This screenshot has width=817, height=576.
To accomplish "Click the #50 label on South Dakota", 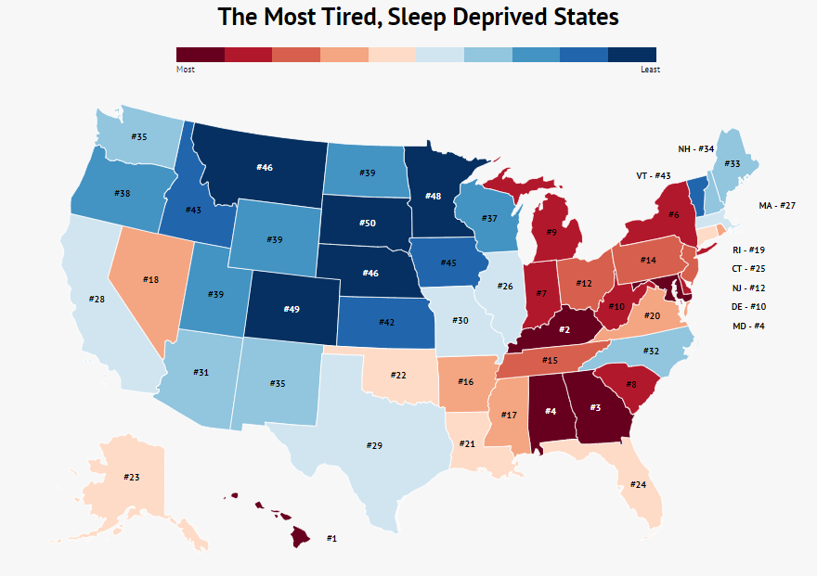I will [x=369, y=224].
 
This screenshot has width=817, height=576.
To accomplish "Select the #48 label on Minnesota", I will [x=433, y=196].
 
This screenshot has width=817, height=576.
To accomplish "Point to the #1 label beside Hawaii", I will [x=331, y=538].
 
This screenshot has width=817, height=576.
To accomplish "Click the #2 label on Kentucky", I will [x=563, y=330].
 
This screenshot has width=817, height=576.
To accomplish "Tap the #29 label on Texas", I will [x=374, y=446].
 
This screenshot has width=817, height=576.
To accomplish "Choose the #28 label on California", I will [x=97, y=300].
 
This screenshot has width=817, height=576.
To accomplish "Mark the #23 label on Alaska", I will [x=132, y=477].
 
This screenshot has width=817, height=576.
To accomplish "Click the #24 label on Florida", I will [x=638, y=484].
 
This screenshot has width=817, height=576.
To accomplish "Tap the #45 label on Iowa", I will [x=448, y=262].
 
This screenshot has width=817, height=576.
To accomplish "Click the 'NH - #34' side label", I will [x=695, y=148].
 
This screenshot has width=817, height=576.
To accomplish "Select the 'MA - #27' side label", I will [x=778, y=205].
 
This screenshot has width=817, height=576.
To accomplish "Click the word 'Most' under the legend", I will [x=185, y=70].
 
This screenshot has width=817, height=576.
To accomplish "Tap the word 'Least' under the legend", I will [x=649, y=70].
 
